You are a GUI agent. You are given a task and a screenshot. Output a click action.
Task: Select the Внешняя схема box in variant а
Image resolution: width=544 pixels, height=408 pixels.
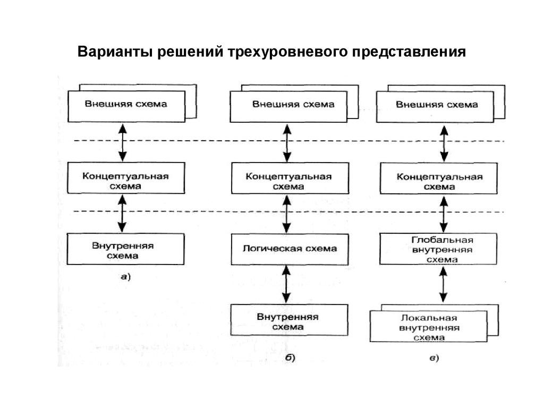click(126, 105)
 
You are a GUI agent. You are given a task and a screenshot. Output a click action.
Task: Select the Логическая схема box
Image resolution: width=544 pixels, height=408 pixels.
click(289, 249)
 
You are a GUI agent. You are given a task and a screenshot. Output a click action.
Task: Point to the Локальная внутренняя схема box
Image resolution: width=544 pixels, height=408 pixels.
click(428, 327)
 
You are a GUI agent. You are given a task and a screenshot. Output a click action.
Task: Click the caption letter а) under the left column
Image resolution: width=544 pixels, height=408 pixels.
click(125, 276)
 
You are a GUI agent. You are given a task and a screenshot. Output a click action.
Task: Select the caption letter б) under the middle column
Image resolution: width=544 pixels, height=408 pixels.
click(290, 358)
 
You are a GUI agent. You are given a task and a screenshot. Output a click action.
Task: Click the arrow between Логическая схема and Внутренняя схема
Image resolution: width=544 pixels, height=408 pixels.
click(287, 285)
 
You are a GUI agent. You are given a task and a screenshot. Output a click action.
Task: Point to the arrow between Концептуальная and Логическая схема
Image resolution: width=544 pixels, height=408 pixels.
click(287, 214)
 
